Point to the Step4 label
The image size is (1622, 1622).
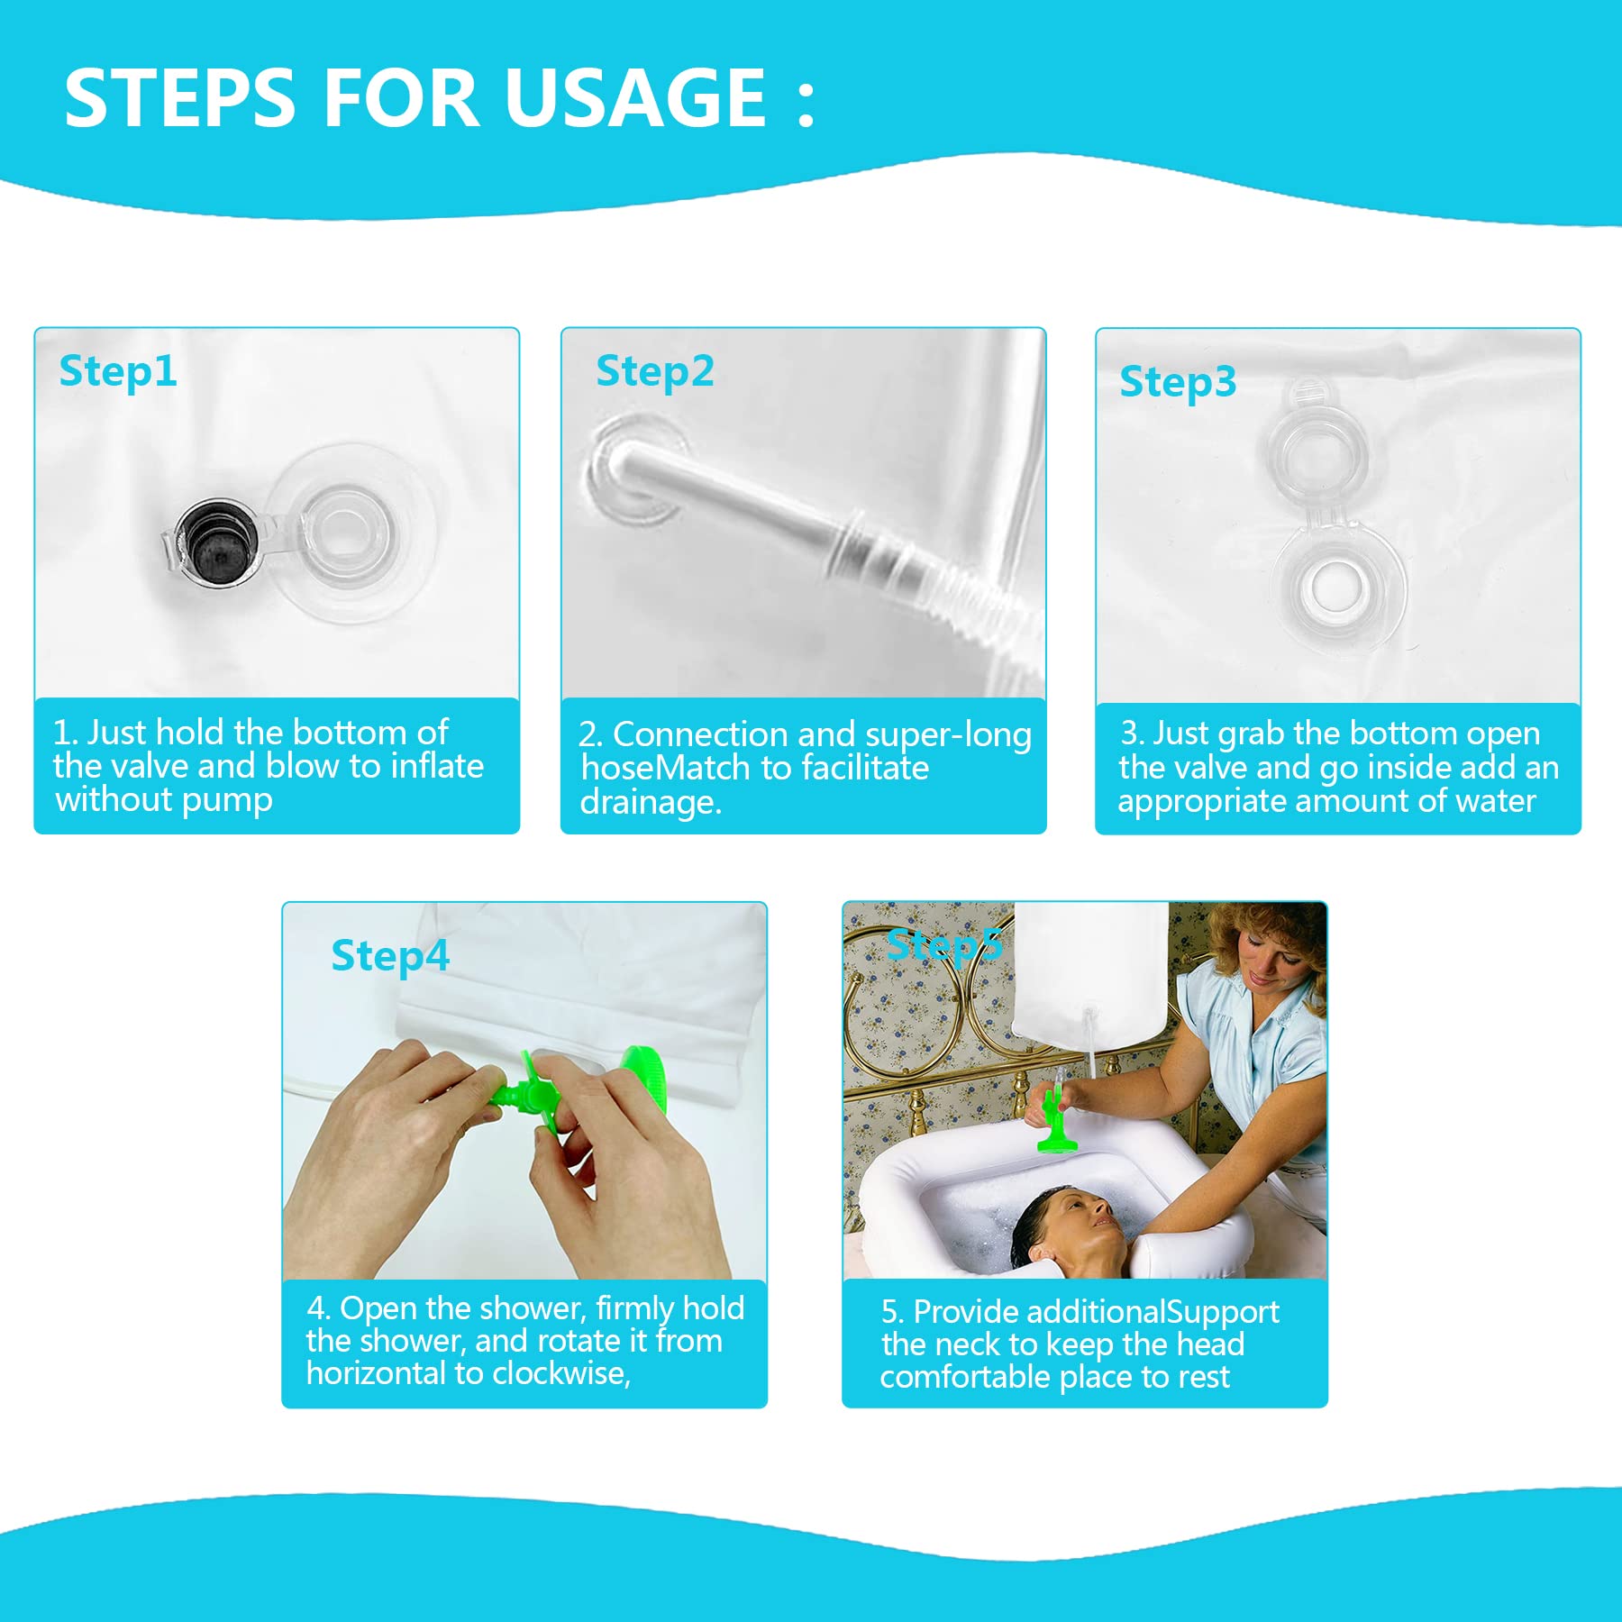tap(390, 957)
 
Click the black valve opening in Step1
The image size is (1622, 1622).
tap(217, 542)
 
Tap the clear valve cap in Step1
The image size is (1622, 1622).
tap(347, 532)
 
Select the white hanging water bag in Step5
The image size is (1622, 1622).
tap(1091, 973)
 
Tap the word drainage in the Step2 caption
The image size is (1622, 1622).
tap(651, 802)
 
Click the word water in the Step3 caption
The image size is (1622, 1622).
tap(1490, 801)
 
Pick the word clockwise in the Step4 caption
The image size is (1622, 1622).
tap(561, 1373)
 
